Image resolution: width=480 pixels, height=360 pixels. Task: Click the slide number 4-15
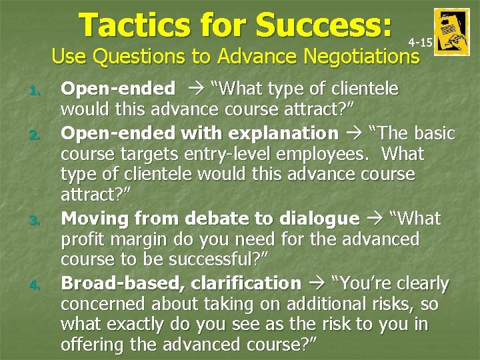(420, 43)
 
